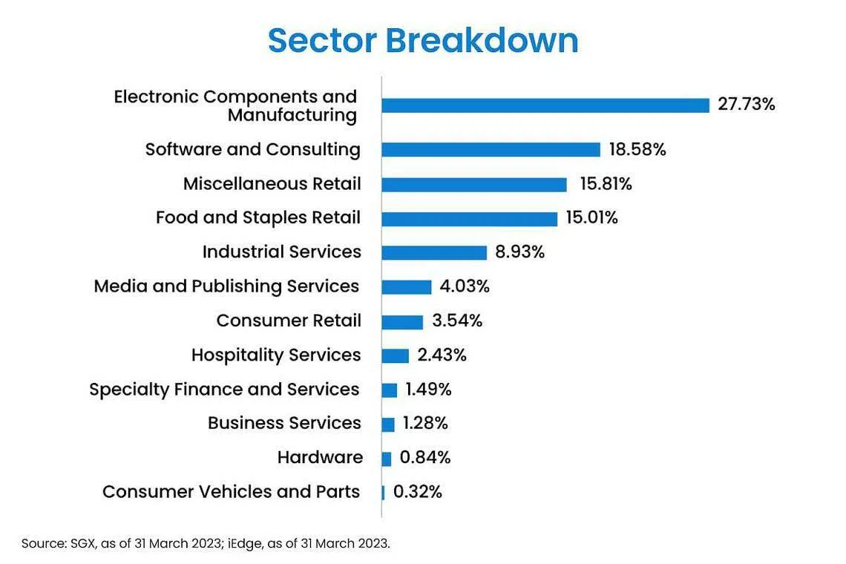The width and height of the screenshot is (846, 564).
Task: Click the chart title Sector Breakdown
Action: tap(423, 40)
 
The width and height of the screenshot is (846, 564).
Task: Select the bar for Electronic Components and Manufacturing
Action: tap(545, 105)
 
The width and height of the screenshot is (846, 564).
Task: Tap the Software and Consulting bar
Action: tap(491, 150)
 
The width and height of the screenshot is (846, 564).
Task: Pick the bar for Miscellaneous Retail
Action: tap(474, 184)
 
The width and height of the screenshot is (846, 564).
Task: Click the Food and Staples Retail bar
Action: tap(469, 219)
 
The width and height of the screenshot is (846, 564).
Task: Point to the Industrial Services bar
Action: tap(434, 252)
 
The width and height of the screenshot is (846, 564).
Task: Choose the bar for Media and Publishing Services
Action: tap(407, 287)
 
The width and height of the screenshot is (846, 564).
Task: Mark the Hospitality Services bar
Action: tap(396, 355)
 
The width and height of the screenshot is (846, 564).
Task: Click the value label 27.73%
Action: tap(746, 104)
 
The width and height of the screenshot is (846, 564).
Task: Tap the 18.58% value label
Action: tap(637, 149)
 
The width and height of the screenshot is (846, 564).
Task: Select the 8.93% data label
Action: tap(519, 252)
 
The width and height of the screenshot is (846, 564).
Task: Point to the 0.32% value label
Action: tap(417, 492)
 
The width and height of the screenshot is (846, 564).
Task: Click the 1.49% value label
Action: tap(428, 390)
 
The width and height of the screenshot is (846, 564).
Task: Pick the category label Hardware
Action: tap(320, 458)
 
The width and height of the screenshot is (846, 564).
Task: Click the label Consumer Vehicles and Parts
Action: tap(231, 492)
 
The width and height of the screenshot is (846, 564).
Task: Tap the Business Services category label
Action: tap(284, 423)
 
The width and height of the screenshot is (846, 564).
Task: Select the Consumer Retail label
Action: tap(289, 321)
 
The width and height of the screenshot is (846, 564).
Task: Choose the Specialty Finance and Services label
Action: tap(224, 390)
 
